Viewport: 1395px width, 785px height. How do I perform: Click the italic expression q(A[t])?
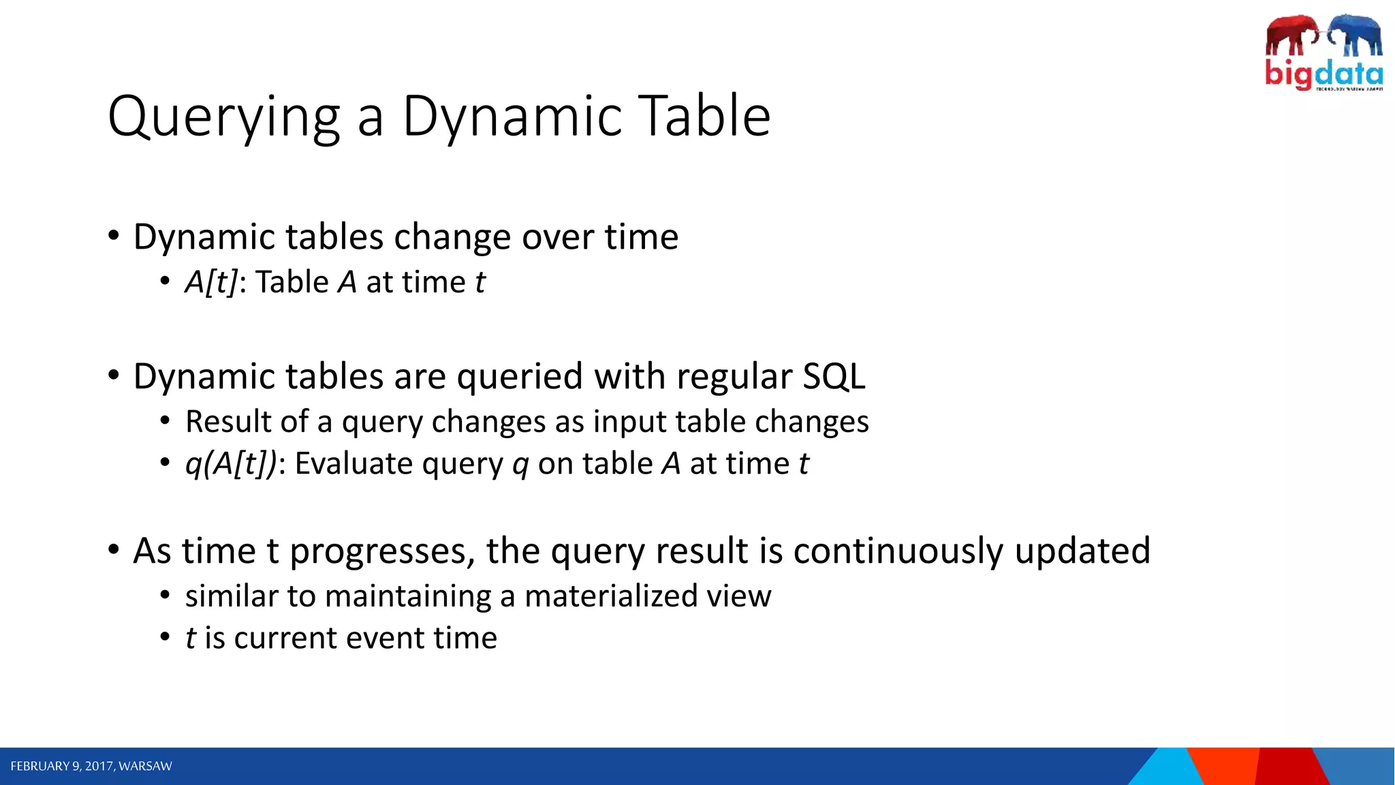231,464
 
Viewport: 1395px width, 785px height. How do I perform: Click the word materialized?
610,596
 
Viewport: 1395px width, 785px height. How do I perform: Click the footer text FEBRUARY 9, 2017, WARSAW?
91,767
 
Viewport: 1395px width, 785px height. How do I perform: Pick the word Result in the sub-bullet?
228,422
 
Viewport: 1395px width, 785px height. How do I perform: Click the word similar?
232,596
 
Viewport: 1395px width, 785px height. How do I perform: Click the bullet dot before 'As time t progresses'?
114,549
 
